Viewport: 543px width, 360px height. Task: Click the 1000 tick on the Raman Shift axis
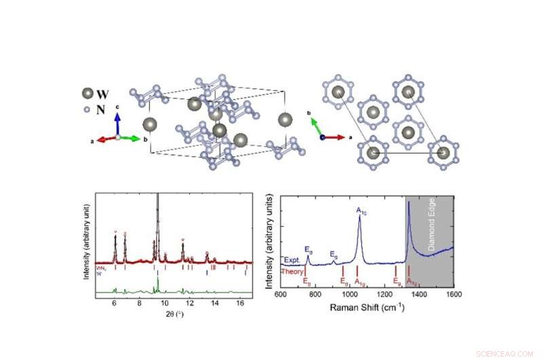[x=350, y=294]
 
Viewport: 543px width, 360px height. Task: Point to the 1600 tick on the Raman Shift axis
[x=454, y=294]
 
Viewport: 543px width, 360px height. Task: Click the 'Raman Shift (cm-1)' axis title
[x=367, y=308]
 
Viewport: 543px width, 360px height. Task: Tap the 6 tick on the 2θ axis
[x=114, y=304]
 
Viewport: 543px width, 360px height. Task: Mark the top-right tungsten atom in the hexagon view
[x=409, y=92]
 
